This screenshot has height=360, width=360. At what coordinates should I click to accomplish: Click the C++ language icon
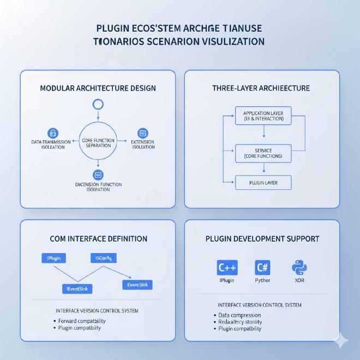(x=227, y=268)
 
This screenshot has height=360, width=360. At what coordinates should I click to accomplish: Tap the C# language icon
(x=262, y=268)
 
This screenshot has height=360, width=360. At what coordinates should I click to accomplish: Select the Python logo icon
(x=298, y=268)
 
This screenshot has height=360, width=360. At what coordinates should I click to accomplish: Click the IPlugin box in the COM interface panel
(x=54, y=258)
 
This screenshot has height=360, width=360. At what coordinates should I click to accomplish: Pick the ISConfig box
(x=103, y=258)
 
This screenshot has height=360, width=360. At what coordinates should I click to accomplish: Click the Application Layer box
(x=263, y=116)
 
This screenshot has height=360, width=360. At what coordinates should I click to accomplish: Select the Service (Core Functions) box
(x=263, y=153)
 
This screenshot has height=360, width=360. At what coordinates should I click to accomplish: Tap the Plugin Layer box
(x=263, y=183)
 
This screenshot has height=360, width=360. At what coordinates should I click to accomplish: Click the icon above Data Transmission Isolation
(x=53, y=133)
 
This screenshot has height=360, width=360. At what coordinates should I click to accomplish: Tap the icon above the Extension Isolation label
(x=143, y=133)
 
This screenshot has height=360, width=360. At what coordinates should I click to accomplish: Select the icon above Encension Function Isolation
(x=98, y=175)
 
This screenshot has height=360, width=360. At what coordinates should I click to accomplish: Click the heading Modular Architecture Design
(x=98, y=88)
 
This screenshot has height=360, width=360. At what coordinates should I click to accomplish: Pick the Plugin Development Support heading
(x=262, y=238)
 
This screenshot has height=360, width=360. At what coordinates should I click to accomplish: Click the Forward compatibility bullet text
(x=82, y=321)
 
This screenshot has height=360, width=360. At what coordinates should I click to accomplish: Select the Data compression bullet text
(x=239, y=315)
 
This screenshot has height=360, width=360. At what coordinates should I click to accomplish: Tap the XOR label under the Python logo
(x=299, y=280)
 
